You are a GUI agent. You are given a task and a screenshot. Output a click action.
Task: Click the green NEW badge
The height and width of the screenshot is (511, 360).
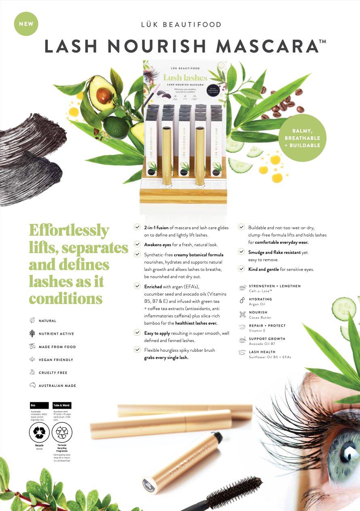(26, 24)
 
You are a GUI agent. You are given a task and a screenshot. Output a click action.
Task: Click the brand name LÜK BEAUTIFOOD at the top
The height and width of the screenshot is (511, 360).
(181, 25)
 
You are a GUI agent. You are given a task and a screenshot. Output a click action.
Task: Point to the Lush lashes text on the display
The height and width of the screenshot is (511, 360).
(185, 77)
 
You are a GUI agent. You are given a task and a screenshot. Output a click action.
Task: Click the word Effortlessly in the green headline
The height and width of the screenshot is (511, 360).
(69, 230)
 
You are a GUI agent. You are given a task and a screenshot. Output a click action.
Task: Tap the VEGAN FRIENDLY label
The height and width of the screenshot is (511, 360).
(56, 360)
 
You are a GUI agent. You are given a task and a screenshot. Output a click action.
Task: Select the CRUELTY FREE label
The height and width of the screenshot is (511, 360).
(53, 373)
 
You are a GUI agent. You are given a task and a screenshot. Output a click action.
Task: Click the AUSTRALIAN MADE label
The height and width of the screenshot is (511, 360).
(57, 386)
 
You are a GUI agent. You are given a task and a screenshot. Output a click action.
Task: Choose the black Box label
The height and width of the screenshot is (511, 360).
(39, 405)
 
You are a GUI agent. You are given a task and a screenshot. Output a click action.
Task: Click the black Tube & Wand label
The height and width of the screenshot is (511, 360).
(62, 405)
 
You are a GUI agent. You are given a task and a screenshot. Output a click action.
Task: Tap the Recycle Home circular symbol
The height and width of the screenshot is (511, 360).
(39, 432)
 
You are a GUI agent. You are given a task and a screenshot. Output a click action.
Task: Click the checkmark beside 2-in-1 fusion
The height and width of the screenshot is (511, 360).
(137, 228)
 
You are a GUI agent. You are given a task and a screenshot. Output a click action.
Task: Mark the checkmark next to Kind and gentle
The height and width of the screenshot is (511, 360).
(241, 269)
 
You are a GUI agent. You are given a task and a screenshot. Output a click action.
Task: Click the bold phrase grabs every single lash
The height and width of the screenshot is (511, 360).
(166, 357)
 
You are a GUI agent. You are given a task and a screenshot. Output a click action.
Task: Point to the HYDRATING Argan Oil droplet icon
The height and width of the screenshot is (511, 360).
(242, 301)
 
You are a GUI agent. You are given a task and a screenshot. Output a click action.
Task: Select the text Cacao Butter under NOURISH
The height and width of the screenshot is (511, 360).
(260, 317)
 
